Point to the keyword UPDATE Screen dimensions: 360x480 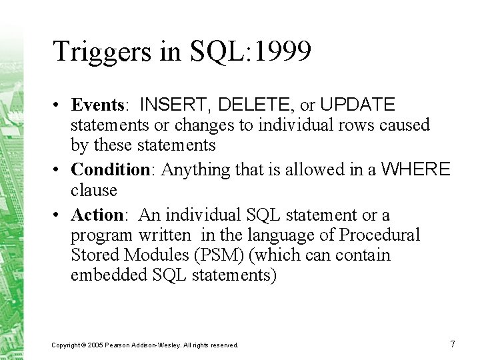click(x=357, y=105)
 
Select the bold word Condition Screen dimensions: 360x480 click(x=109, y=169)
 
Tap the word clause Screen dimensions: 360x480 click(x=94, y=190)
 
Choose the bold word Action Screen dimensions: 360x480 click(x=97, y=215)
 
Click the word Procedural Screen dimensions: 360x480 click(x=379, y=235)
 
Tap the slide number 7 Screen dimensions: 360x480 click(x=453, y=344)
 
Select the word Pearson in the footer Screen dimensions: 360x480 click(x=121, y=345)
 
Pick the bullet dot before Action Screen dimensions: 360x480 click(x=60, y=216)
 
